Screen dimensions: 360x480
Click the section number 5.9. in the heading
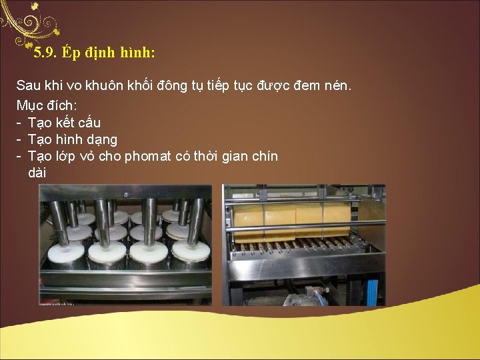click(x=46, y=52)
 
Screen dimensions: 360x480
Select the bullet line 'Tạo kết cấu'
click(x=64, y=123)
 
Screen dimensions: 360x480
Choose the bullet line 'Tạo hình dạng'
click(x=73, y=139)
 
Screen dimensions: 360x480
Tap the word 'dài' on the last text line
click(x=37, y=173)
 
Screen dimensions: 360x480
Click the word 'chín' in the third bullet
click(x=263, y=156)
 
